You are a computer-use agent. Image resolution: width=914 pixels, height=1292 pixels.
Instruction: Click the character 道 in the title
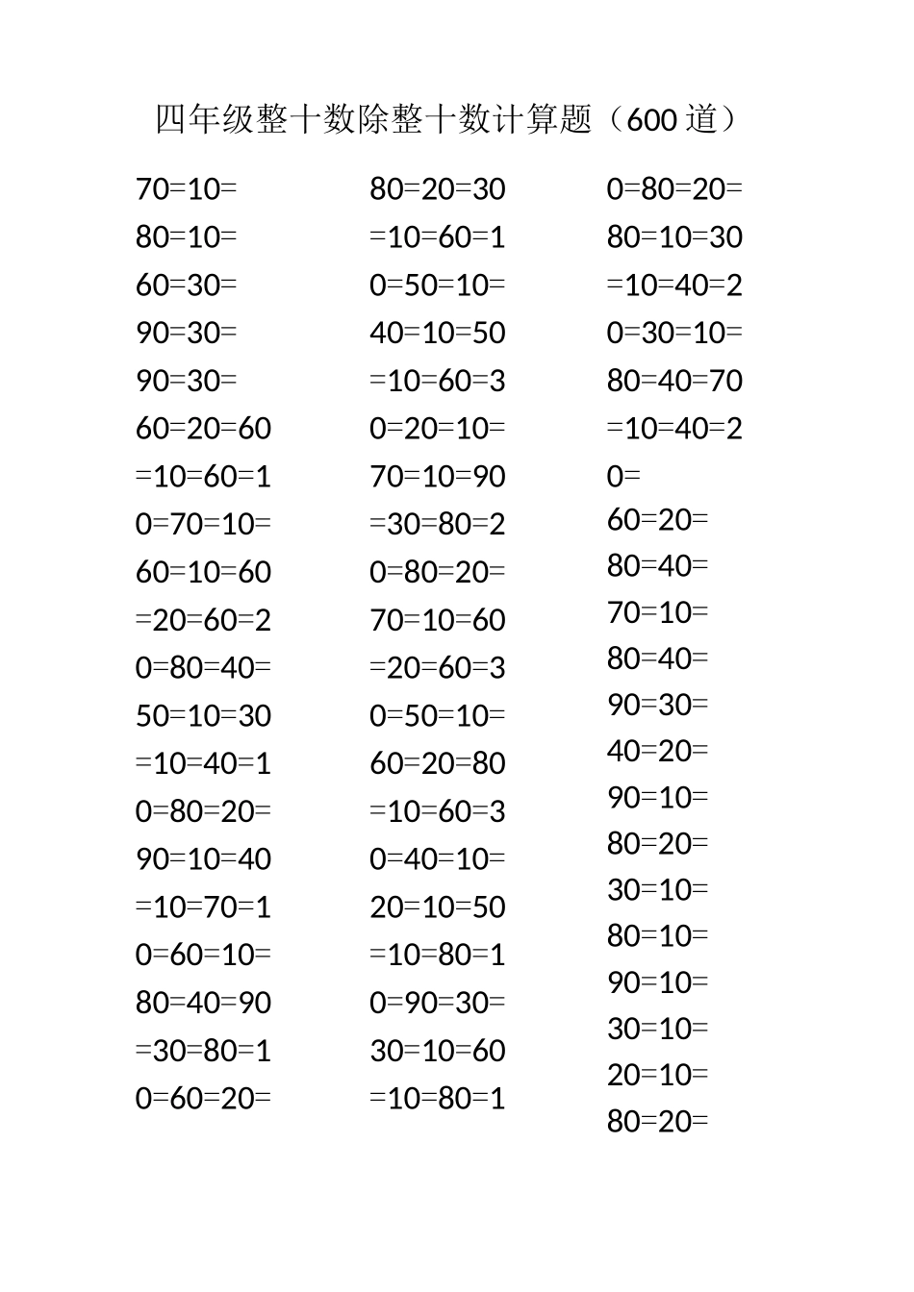coord(702,120)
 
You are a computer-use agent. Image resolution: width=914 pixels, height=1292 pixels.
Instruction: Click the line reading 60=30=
coord(186,286)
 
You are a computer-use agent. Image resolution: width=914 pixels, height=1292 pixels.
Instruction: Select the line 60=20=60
coord(203,429)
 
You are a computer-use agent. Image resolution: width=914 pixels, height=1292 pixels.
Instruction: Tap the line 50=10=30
coord(203,716)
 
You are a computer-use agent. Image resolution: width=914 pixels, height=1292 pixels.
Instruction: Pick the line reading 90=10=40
coord(203,859)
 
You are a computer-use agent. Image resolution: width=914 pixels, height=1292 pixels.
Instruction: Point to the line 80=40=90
coord(203,1003)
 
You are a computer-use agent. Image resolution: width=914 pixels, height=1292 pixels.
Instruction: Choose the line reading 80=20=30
coord(438,189)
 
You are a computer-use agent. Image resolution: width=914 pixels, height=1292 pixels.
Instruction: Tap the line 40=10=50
coord(438,334)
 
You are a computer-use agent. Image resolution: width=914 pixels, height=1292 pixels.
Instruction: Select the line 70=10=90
coord(438,477)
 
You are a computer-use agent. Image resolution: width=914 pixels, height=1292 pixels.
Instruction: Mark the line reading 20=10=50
coord(438,907)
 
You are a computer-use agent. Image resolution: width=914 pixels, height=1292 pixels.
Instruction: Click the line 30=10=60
coord(438,1051)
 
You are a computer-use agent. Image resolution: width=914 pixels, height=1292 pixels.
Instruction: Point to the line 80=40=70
coord(674,382)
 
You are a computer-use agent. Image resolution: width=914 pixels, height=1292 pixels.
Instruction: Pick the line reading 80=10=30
coord(674,237)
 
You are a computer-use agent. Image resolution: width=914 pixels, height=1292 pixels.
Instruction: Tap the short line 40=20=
coord(657,751)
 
